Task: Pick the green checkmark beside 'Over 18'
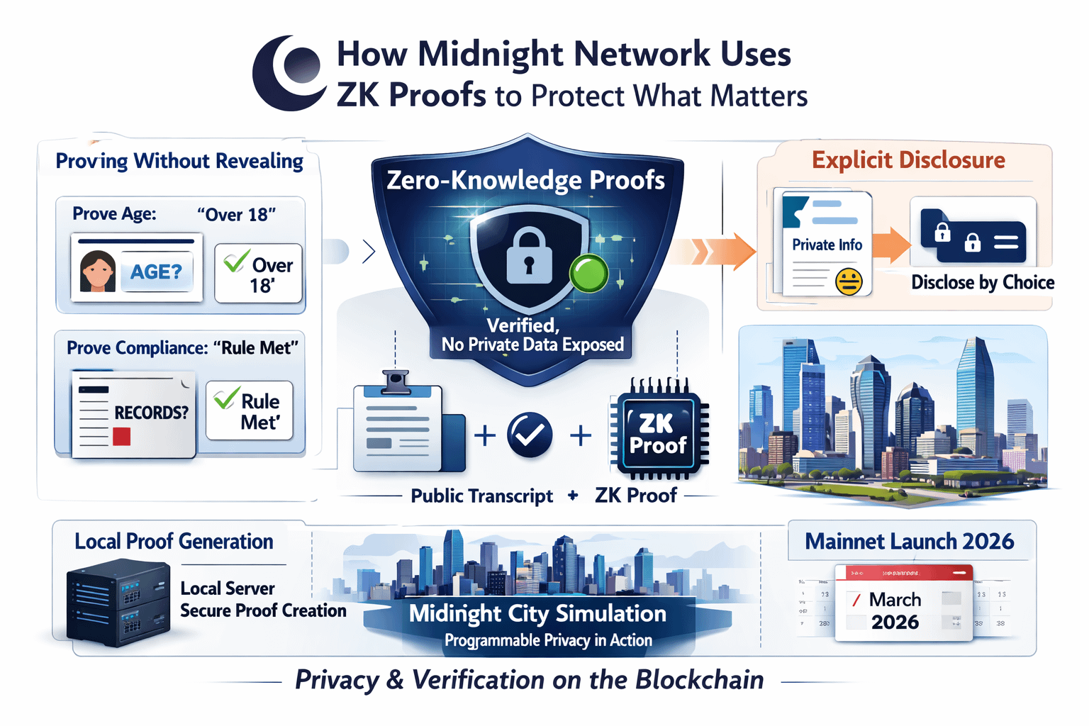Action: click(x=235, y=260)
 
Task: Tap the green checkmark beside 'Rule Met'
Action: click(x=225, y=398)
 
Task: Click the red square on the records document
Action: click(x=121, y=436)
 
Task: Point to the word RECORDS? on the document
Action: click(x=152, y=413)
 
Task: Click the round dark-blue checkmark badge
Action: click(x=530, y=435)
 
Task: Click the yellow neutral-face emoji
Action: click(x=848, y=281)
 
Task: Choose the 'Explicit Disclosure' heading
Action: click(x=908, y=160)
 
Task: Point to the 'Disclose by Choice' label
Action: click(x=983, y=283)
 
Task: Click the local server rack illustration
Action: click(x=118, y=603)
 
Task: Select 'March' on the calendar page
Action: click(x=895, y=600)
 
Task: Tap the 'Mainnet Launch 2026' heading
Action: click(x=909, y=542)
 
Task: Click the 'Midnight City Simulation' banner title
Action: click(x=537, y=613)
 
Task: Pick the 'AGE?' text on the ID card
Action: click(x=156, y=272)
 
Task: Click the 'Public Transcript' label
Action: click(x=481, y=496)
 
